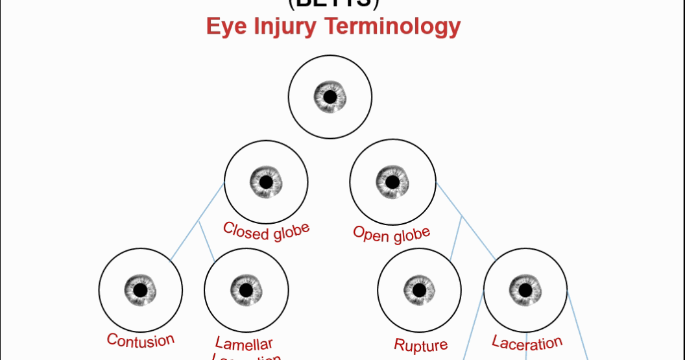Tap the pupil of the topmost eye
(x=330, y=97)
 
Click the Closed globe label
(x=266, y=230)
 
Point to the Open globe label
(x=392, y=234)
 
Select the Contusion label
(x=141, y=340)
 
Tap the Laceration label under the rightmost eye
(x=527, y=342)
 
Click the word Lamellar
(x=244, y=344)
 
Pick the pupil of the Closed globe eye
(x=266, y=182)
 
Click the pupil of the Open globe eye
(x=392, y=182)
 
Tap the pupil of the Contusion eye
(x=141, y=289)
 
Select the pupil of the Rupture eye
(x=420, y=289)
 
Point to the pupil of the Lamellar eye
(x=246, y=289)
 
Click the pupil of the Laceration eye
(x=525, y=289)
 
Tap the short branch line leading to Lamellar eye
(x=207, y=241)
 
